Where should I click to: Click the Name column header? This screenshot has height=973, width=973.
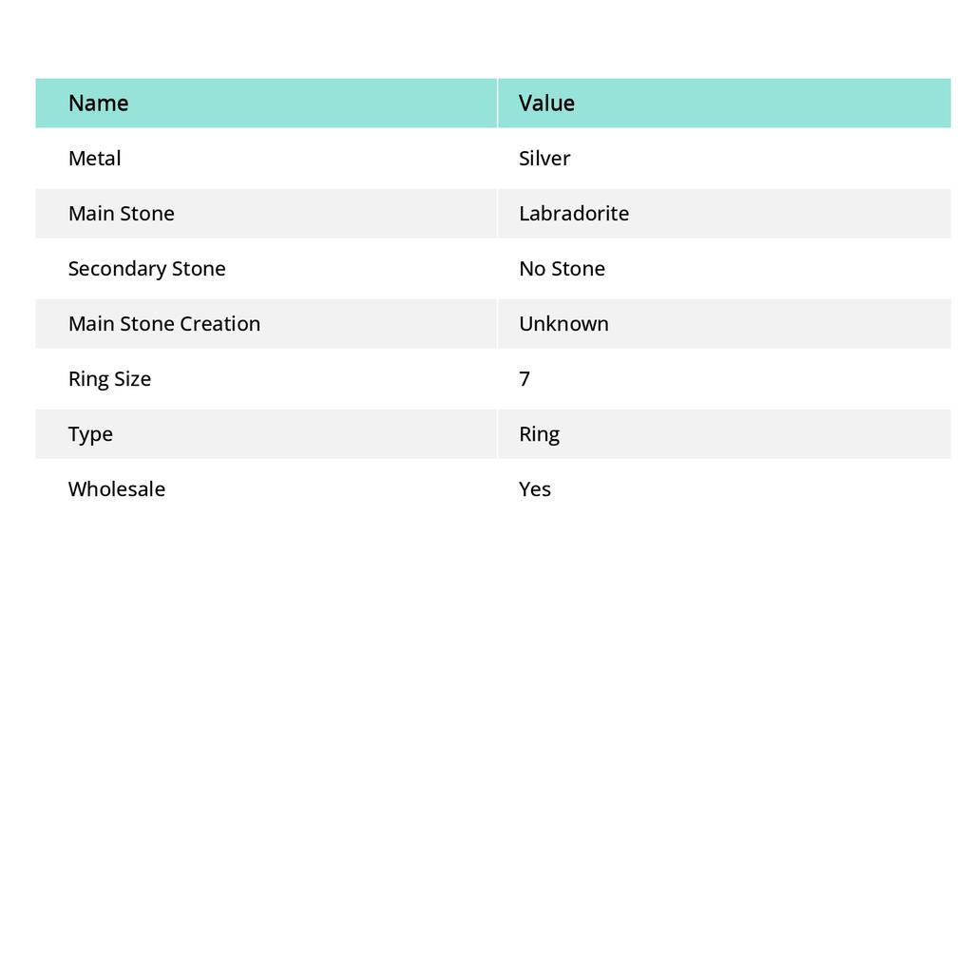98,103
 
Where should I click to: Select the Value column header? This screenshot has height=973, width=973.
546,103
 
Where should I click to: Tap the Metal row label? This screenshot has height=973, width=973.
94,158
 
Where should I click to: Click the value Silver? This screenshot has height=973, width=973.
544,158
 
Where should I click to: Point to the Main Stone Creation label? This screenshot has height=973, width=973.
163,323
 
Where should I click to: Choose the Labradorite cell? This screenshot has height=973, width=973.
574,213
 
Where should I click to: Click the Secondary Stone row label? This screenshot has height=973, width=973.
146,268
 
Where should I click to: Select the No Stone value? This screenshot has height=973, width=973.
562,268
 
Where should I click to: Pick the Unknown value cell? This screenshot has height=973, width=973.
563,323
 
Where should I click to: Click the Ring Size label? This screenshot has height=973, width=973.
109,378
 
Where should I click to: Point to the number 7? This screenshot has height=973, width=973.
525,378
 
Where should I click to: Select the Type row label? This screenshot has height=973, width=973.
90,433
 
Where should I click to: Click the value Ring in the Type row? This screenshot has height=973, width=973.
539,433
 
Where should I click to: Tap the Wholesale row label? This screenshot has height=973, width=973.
116,488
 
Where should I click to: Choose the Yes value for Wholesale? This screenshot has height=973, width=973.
535,488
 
